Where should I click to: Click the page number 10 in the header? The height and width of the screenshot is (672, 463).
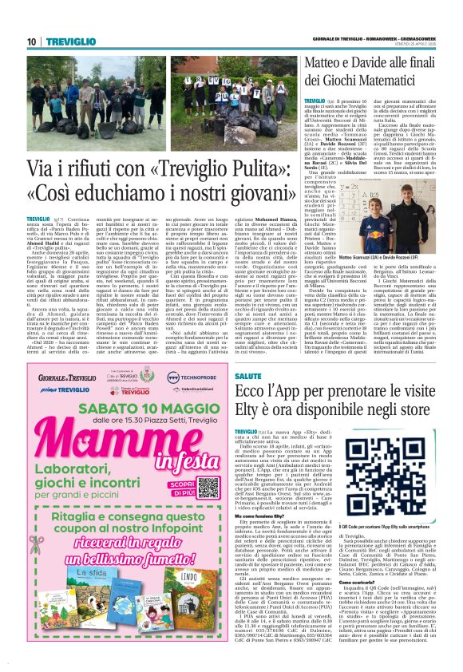coord(31,41)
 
